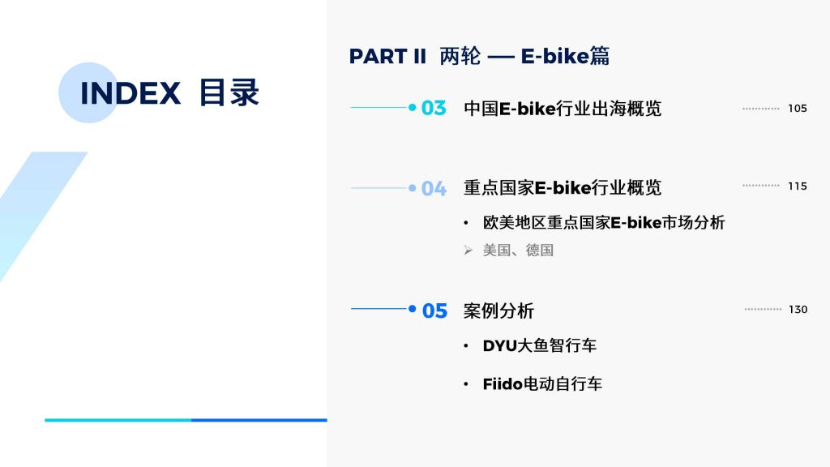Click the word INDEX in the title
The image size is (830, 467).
point(130,93)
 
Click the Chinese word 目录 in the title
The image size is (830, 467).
point(229,92)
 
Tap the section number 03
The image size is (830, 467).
point(434,108)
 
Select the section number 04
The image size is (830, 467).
point(434,188)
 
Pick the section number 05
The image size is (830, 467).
point(434,311)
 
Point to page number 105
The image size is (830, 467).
point(798,109)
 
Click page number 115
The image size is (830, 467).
point(798,186)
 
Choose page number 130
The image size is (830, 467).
point(798,310)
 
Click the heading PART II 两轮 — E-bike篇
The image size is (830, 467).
point(479,56)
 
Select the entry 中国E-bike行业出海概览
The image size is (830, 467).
point(563,109)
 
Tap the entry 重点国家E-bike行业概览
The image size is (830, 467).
point(563,187)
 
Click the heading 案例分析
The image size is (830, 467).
point(498,311)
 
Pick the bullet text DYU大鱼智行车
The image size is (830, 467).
point(539,345)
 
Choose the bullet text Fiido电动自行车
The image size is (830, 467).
point(542,383)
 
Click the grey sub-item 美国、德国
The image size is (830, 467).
point(518,250)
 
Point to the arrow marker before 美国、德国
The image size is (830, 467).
point(468,250)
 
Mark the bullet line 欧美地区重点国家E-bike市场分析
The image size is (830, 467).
point(603,222)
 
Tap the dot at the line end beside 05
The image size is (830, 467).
point(413,309)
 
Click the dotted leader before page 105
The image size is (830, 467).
point(760,109)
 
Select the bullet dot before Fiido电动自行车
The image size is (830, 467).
point(466,384)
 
